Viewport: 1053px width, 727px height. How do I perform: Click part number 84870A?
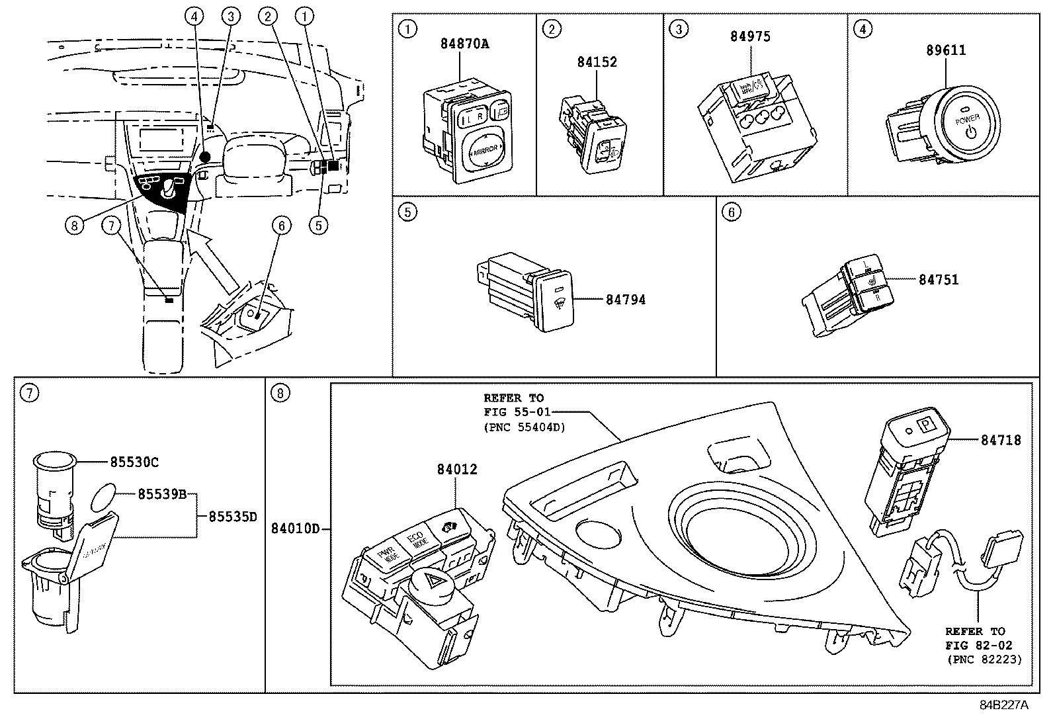coord(464,44)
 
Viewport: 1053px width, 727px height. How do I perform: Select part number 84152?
coord(597,62)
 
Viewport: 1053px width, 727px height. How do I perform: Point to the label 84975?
coord(750,36)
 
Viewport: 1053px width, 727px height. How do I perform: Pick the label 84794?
coord(626,300)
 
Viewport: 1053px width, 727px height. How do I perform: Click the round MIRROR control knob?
coord(485,151)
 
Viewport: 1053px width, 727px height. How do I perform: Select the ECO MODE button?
coord(418,540)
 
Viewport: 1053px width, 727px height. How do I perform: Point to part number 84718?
coord(1000,440)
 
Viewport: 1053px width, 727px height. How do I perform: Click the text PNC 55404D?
coord(525,427)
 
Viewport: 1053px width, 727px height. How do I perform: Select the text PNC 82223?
coord(984,660)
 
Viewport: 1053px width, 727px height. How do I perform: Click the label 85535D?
coord(232,517)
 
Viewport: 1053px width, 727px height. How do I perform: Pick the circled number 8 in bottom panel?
coord(280,394)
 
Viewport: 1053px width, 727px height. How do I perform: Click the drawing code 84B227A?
coord(1003,705)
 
